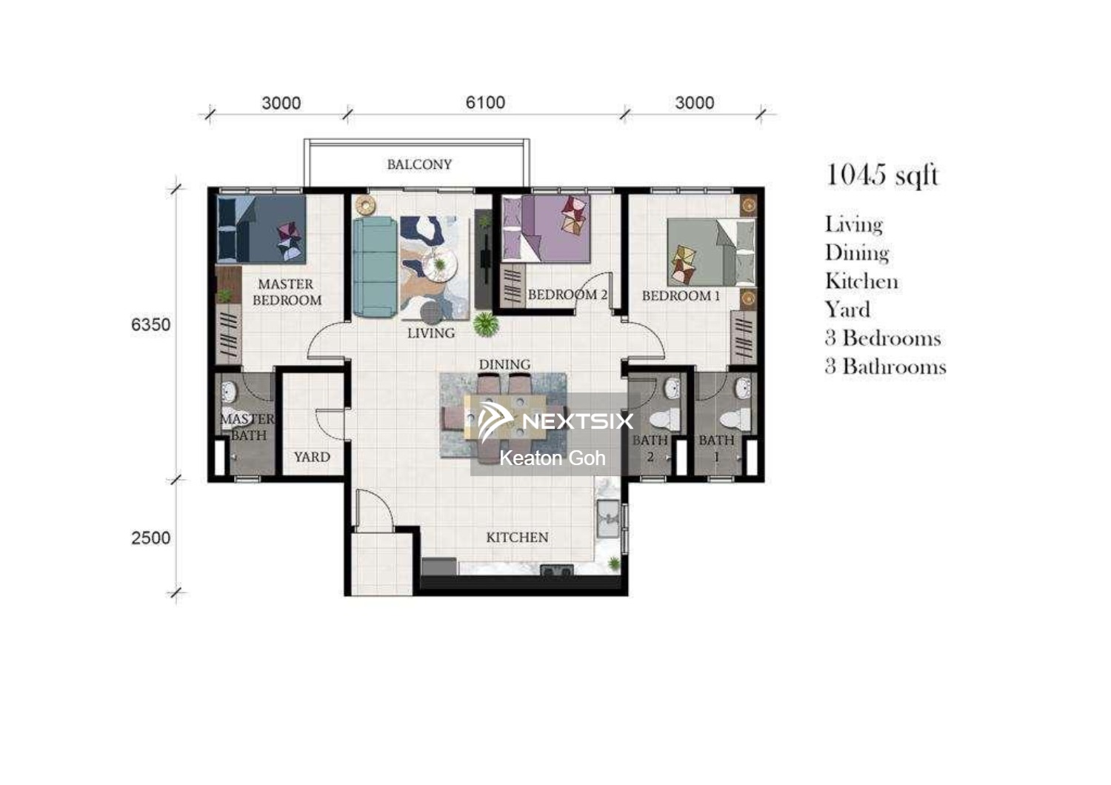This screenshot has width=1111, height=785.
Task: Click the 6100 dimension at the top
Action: click(x=485, y=103)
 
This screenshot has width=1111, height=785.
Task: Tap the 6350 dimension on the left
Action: click(x=151, y=324)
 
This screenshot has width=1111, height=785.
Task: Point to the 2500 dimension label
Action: click(x=151, y=538)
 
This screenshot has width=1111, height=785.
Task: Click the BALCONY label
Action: click(x=420, y=164)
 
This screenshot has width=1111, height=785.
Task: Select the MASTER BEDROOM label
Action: click(x=287, y=292)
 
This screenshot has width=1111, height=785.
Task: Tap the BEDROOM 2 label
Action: click(x=567, y=295)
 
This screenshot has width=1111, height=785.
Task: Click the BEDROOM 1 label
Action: click(x=681, y=296)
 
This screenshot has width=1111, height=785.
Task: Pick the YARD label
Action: click(x=312, y=457)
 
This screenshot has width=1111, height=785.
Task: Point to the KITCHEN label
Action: click(x=517, y=537)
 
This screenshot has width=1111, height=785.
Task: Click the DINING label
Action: click(x=504, y=364)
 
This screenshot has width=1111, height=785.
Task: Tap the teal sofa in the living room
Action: click(x=375, y=267)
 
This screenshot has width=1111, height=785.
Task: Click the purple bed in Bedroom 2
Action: click(x=546, y=228)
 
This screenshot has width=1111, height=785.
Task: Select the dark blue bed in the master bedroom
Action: click(x=261, y=229)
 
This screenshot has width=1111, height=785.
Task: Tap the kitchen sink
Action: click(x=608, y=518)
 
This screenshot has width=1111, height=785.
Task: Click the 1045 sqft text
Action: click(x=882, y=176)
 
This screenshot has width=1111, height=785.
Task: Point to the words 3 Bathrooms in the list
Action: click(x=886, y=367)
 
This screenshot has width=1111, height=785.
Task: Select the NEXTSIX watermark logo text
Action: click(x=578, y=421)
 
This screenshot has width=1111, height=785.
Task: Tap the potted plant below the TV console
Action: click(x=486, y=325)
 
